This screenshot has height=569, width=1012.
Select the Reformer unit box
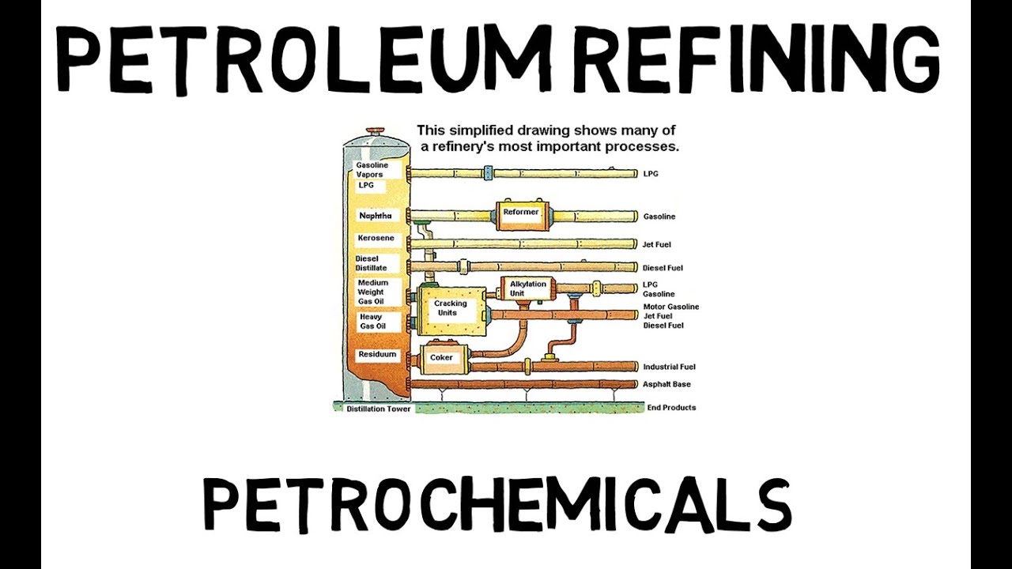(521, 213)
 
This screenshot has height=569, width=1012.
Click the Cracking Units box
(451, 308)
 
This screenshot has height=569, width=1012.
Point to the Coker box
(441, 358)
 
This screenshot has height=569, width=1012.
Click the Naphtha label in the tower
(375, 216)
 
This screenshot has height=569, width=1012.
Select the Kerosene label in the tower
(376, 239)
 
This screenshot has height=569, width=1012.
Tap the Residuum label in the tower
(376, 355)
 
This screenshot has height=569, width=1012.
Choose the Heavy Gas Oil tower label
(372, 322)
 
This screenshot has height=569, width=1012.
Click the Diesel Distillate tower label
(371, 263)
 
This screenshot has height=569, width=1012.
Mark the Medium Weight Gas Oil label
(372, 292)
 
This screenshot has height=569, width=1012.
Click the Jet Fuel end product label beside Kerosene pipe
(656, 245)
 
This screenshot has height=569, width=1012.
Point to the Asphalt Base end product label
(666, 385)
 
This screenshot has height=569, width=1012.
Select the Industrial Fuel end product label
(669, 367)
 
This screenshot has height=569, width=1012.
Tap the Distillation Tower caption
(378, 409)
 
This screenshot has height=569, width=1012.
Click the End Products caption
(671, 408)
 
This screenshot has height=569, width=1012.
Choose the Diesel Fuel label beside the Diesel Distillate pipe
(662, 269)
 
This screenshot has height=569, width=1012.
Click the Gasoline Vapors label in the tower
(372, 170)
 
